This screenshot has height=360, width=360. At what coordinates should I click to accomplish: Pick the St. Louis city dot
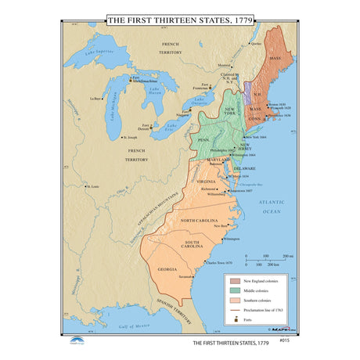click(87, 187)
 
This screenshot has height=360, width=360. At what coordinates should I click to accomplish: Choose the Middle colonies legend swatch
click(234, 290)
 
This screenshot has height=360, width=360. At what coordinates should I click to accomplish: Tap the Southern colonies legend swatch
click(234, 301)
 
